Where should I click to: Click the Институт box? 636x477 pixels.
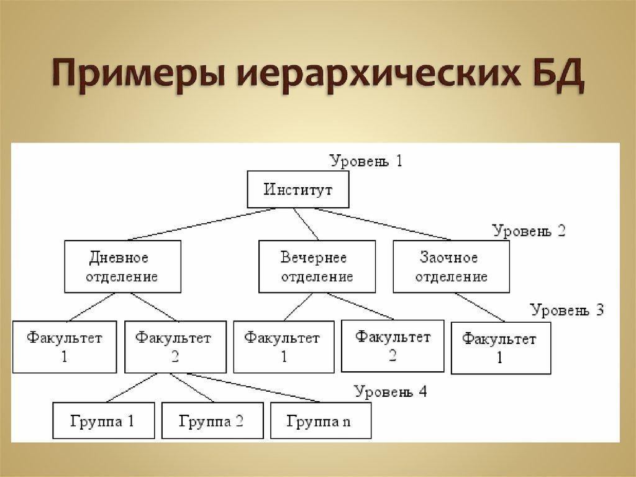[298, 189]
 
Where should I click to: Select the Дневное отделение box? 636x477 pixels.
[123, 267]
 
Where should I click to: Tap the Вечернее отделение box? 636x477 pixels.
[317, 267]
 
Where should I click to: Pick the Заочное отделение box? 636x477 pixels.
[451, 267]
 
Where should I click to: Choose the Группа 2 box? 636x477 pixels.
[212, 421]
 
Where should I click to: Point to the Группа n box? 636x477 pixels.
[320, 421]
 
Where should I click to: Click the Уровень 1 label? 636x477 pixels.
[366, 161]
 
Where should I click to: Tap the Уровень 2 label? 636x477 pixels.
[529, 231]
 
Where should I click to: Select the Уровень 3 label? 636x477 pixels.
[566, 310]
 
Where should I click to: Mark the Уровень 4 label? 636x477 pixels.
[391, 392]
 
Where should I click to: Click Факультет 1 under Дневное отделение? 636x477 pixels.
[65, 347]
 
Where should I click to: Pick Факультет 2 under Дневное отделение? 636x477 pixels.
[173, 347]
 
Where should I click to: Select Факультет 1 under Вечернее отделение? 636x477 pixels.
[283, 347]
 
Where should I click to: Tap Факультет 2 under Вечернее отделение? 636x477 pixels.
[393, 346]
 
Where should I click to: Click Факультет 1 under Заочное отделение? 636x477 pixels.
[501, 348]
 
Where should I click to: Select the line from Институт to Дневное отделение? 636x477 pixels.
[199, 224]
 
